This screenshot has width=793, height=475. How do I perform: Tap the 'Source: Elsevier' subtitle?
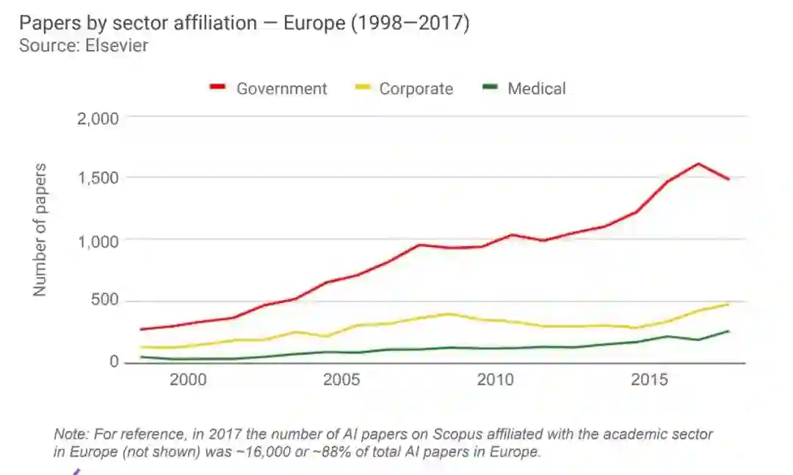[83, 46]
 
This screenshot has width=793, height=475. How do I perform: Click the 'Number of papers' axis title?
[40, 230]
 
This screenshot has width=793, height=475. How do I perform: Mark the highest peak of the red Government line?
[698, 164]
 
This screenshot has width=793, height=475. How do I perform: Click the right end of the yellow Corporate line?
[728, 304]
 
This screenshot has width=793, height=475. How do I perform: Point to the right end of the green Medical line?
[728, 331]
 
